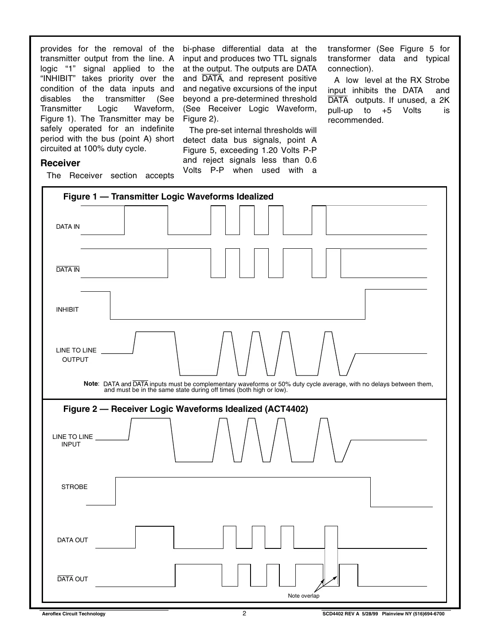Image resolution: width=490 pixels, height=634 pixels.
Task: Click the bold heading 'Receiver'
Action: [x=60, y=163]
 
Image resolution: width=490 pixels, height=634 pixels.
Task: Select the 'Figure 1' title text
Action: [x=168, y=196]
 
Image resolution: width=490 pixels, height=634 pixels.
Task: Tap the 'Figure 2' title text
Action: [x=185, y=409]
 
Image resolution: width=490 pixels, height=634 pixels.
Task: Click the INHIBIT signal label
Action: [x=67, y=309]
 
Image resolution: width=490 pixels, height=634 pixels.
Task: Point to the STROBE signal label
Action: [x=74, y=487]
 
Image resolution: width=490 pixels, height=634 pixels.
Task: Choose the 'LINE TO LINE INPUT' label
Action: [x=72, y=440]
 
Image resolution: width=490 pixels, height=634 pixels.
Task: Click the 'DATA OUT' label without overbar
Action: [x=72, y=540]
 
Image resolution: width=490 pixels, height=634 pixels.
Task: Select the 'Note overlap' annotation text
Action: [x=303, y=595]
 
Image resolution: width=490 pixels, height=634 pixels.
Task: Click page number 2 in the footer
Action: [x=244, y=614]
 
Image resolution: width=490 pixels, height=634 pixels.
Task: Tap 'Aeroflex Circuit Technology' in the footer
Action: [x=73, y=614]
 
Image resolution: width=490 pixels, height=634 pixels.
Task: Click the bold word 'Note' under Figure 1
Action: [x=90, y=384]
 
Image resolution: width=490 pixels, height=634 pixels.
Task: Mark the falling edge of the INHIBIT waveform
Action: [x=110, y=305]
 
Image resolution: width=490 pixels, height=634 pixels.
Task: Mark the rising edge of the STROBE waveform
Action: [x=116, y=491]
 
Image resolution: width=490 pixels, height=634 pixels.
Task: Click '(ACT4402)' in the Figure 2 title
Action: [x=286, y=409]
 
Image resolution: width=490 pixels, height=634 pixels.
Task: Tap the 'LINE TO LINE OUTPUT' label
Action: [x=76, y=355]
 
